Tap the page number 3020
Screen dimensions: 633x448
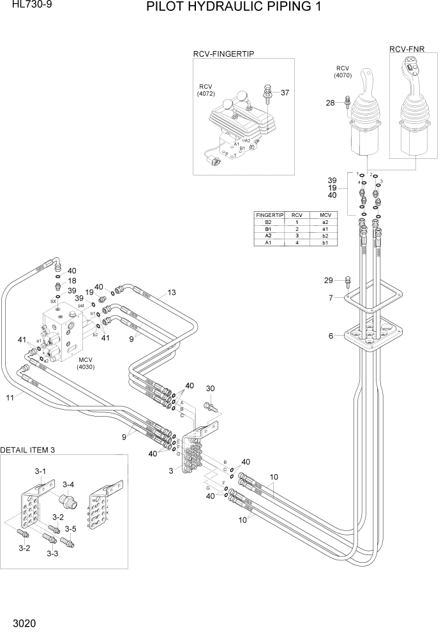coord(22,620)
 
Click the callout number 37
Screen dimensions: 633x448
coord(285,93)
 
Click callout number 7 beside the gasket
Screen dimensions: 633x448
coord(331,298)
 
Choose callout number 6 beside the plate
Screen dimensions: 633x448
coord(331,336)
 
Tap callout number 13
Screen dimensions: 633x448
coord(171,293)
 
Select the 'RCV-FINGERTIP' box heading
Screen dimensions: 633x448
coord(223,54)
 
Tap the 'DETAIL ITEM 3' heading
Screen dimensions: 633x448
coord(28,450)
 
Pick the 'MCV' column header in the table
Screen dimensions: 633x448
coord(325,216)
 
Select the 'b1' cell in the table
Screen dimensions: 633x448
coord(325,242)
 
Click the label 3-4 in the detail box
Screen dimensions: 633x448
coord(68,484)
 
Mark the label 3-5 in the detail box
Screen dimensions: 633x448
coord(70,529)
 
